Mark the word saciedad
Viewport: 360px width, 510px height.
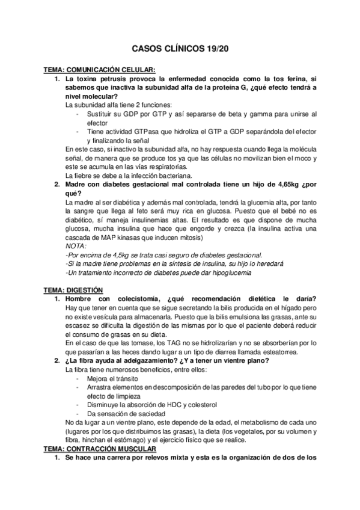coord(141,414)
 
